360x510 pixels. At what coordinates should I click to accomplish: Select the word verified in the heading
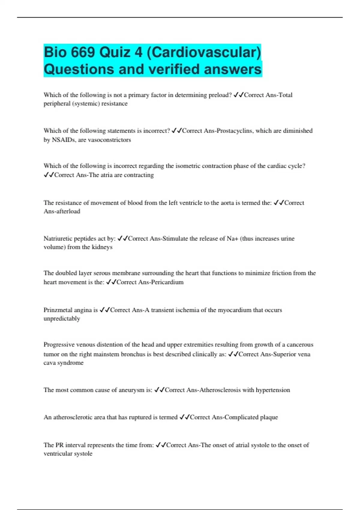[x=174, y=69]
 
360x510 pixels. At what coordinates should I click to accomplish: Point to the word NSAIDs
[x=63, y=140]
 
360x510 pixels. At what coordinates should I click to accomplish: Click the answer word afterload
[x=66, y=211]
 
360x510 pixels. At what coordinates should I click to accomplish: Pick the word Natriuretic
[x=58, y=238]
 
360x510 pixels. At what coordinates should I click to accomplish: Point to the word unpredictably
[x=62, y=319]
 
